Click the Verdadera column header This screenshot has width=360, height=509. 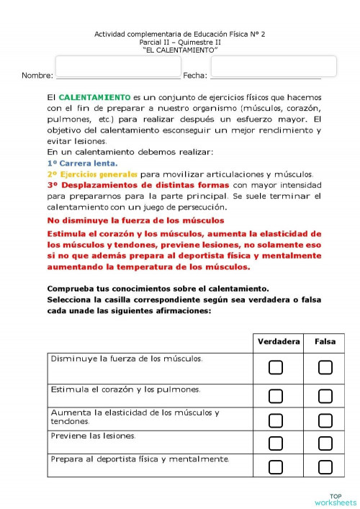coord(279,342)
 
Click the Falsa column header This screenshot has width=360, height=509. coord(325,342)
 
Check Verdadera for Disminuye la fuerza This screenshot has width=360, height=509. coord(276,368)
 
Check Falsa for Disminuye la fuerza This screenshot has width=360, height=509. coord(325,368)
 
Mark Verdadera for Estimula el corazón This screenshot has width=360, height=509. coord(276,395)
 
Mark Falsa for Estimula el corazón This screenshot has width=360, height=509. coord(325,395)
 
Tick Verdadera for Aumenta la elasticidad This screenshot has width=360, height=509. coord(276,419)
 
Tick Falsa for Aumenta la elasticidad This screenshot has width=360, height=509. coord(325,419)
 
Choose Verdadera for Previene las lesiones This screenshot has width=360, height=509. coord(276,443)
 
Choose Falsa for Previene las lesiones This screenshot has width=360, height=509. coord(325,443)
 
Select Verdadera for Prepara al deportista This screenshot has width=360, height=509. coord(276,467)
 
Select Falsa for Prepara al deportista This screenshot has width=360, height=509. coord(325,467)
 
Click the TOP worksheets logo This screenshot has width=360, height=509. coord(335,499)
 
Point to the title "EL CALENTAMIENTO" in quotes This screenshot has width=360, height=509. coord(181,50)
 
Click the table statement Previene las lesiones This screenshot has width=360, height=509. coord(93,436)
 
